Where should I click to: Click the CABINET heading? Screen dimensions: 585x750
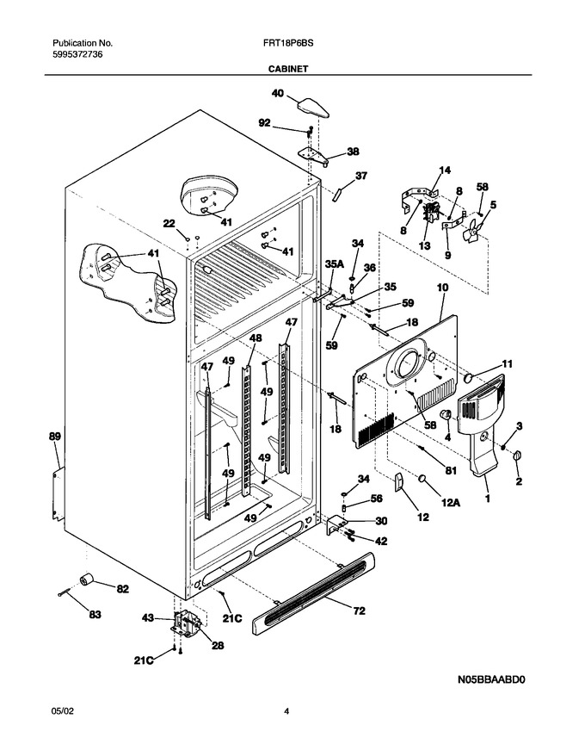click(x=287, y=69)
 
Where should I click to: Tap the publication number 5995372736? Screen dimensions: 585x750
click(x=77, y=54)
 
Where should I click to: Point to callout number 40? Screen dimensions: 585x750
click(x=278, y=93)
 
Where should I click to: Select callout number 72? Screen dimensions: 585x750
click(x=359, y=611)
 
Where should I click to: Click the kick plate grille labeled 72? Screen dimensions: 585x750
click(x=313, y=593)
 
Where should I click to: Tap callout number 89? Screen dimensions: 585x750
click(x=55, y=437)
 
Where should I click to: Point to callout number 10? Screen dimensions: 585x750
click(x=442, y=288)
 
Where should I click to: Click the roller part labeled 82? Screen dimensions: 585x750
click(x=86, y=580)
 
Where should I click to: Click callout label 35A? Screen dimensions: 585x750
click(x=334, y=263)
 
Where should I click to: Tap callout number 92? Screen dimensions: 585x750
click(x=264, y=123)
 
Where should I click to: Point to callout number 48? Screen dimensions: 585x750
click(x=256, y=338)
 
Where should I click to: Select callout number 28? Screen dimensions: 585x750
click(x=218, y=646)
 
